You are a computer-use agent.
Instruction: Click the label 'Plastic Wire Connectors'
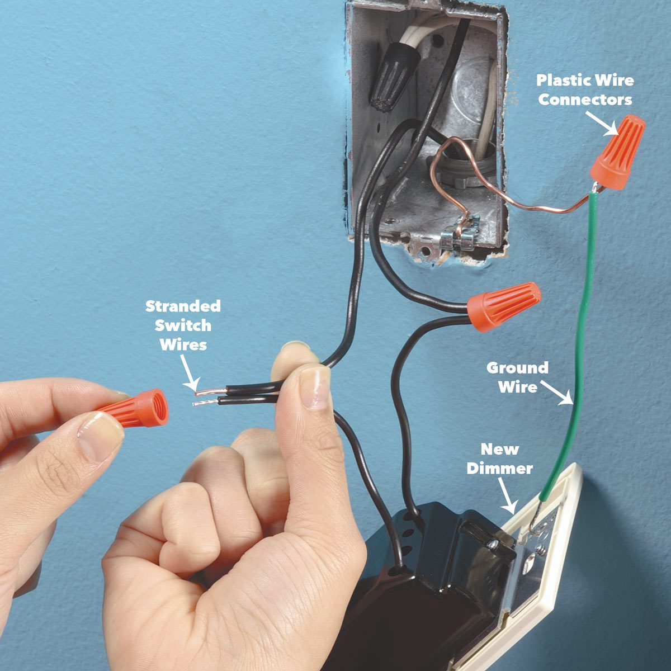pyautogui.click(x=585, y=89)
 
